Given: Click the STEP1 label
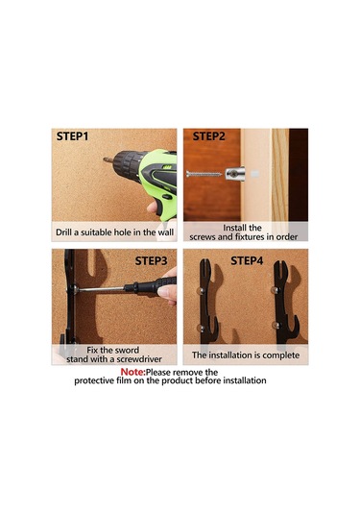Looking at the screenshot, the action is click(x=72, y=136).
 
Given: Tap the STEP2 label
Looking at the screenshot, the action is click(x=209, y=136).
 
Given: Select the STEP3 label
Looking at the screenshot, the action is click(x=151, y=261).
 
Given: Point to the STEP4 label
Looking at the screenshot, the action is click(x=247, y=261).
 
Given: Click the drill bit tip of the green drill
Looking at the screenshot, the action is click(x=105, y=160).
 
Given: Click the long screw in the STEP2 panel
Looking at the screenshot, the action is click(x=204, y=174).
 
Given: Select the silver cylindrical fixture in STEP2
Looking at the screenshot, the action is click(x=235, y=174).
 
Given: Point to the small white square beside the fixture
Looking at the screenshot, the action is click(x=255, y=174).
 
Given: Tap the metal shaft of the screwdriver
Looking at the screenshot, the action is click(x=101, y=289).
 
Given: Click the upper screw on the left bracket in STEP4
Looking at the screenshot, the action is click(x=199, y=290).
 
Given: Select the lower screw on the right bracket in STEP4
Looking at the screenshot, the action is click(x=276, y=326).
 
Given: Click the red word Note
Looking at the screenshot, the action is click(x=132, y=372).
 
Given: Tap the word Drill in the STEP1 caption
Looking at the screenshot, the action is click(x=64, y=233).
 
